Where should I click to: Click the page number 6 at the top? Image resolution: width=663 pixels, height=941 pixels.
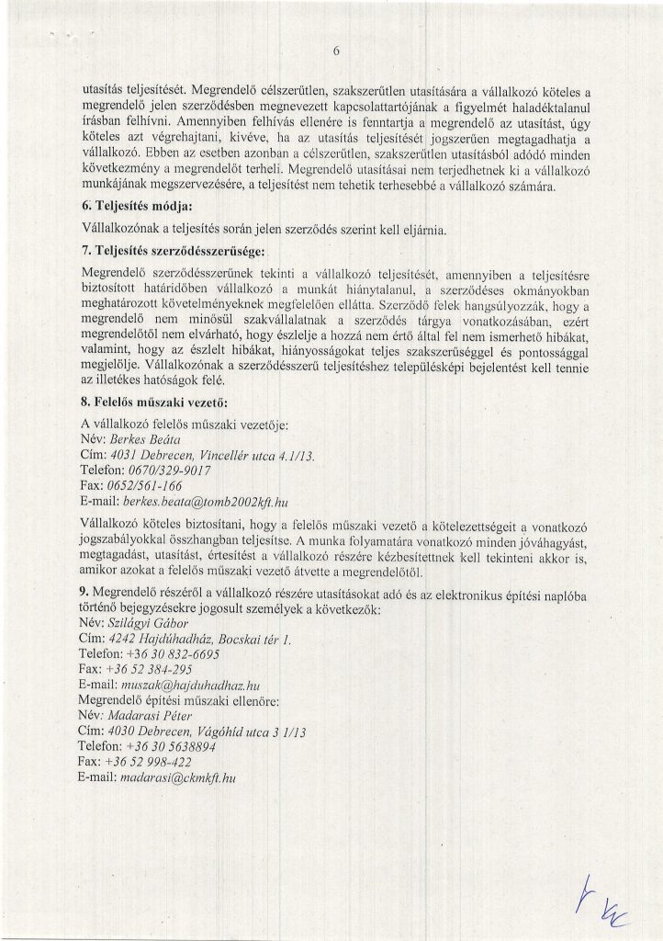click(x=336, y=52)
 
